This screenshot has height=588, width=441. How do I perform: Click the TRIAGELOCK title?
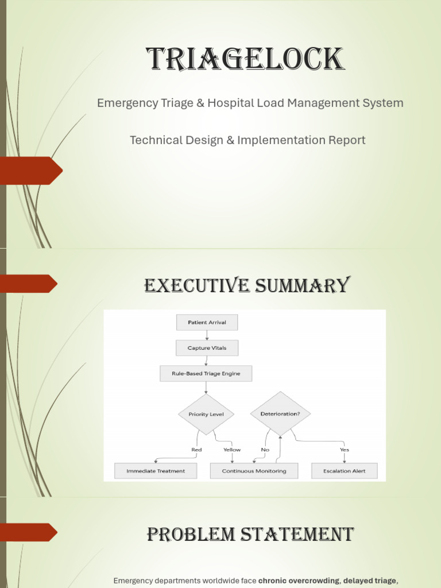(245, 60)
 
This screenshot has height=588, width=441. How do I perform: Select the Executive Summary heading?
(247, 285)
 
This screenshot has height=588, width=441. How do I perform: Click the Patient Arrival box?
(207, 323)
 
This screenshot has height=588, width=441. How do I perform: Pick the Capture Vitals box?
(207, 348)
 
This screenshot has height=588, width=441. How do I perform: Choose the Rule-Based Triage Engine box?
(206, 374)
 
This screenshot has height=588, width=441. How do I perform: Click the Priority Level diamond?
(206, 414)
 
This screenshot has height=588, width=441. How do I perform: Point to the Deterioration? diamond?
(280, 413)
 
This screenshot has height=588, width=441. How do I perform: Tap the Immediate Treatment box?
(156, 471)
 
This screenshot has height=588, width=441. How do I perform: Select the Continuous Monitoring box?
(253, 471)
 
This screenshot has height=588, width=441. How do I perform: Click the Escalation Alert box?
(345, 471)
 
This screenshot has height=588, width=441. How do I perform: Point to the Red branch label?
(196, 450)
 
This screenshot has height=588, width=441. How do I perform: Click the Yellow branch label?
(232, 450)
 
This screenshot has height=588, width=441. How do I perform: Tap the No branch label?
(265, 450)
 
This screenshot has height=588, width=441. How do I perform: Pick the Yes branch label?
(344, 450)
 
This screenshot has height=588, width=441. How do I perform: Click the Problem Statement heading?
(249, 535)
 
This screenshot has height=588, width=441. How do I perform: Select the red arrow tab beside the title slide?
(32, 171)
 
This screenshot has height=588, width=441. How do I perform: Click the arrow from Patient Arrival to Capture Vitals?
(207, 335)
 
